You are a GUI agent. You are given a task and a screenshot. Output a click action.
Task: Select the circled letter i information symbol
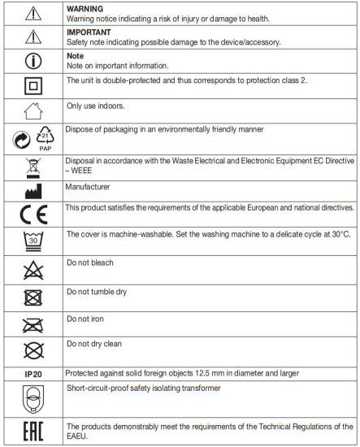click(x=33, y=61)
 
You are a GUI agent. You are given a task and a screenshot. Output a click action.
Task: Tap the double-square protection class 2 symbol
click(x=33, y=85)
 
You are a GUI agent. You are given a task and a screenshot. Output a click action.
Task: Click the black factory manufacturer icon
click(x=33, y=193)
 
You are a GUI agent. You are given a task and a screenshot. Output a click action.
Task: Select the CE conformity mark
click(x=33, y=215)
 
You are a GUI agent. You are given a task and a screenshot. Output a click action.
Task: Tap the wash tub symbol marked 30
click(x=33, y=244)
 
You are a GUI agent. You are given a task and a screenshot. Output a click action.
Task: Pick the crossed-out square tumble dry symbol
click(x=33, y=298)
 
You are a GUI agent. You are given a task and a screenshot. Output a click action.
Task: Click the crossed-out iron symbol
click(x=33, y=325)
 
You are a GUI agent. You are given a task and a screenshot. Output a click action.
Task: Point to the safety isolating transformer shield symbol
click(x=33, y=399)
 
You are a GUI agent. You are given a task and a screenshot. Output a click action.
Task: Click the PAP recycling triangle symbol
click(x=46, y=139)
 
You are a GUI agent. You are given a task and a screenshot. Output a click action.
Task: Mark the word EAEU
click(x=80, y=435)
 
